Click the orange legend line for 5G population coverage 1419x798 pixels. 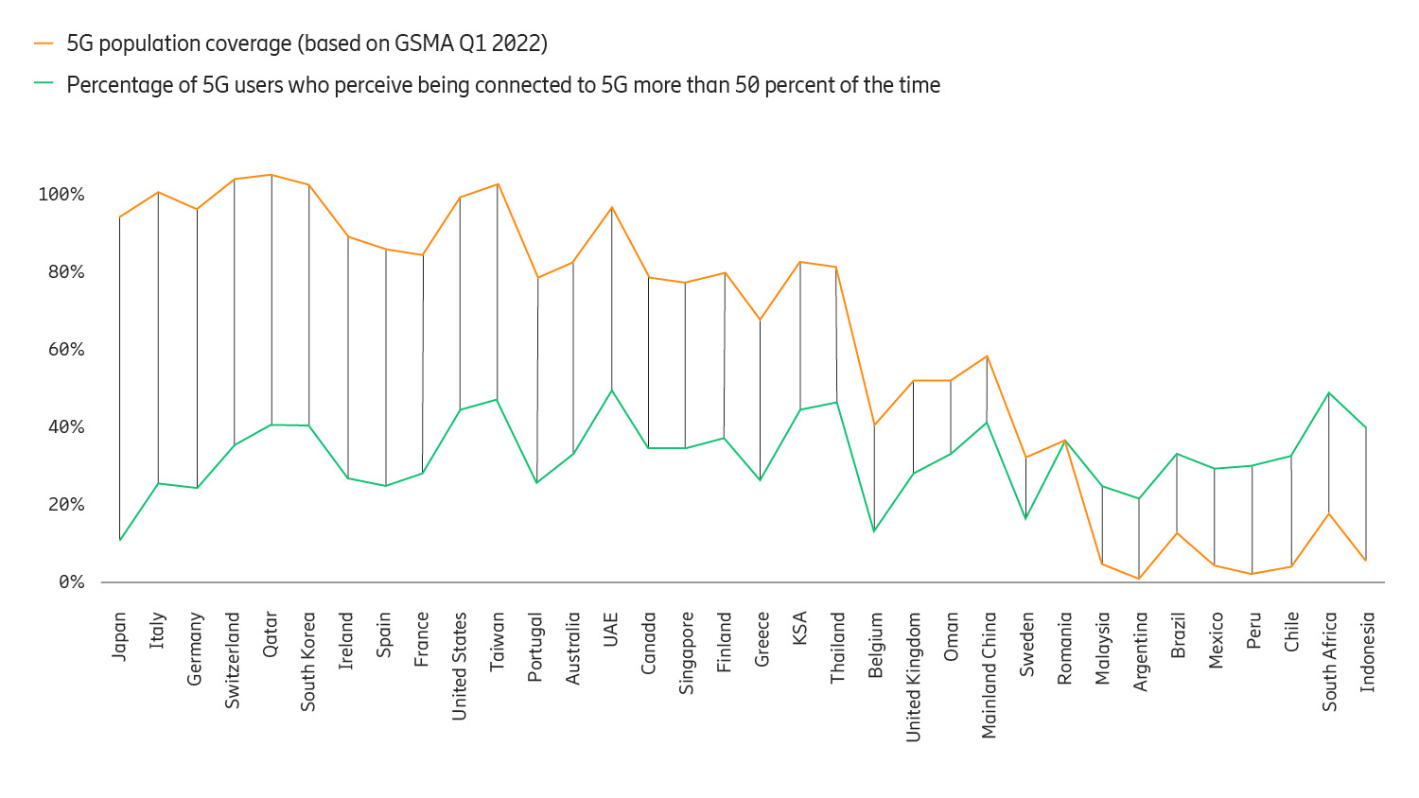point(44,43)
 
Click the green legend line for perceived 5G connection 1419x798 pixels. point(44,84)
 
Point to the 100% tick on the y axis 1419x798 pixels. point(61,195)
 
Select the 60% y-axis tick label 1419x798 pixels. point(65,350)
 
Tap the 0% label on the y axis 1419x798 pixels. point(71,582)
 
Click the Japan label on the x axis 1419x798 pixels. point(119,635)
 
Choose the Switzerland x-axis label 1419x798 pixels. point(233,660)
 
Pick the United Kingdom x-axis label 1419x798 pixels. point(913,676)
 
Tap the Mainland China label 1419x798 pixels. point(989,674)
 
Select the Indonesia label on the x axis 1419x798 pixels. point(1367,651)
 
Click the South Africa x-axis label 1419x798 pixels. point(1329,661)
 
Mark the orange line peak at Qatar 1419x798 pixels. point(272,175)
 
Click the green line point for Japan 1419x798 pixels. point(120,540)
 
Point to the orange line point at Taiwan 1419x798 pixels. point(498,184)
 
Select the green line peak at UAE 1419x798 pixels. point(612,390)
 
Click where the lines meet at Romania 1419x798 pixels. point(1065,441)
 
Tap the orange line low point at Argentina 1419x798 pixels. point(1139,579)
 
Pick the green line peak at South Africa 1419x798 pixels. point(1329,392)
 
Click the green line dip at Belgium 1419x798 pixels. point(874,531)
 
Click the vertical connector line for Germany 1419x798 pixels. point(197,350)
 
